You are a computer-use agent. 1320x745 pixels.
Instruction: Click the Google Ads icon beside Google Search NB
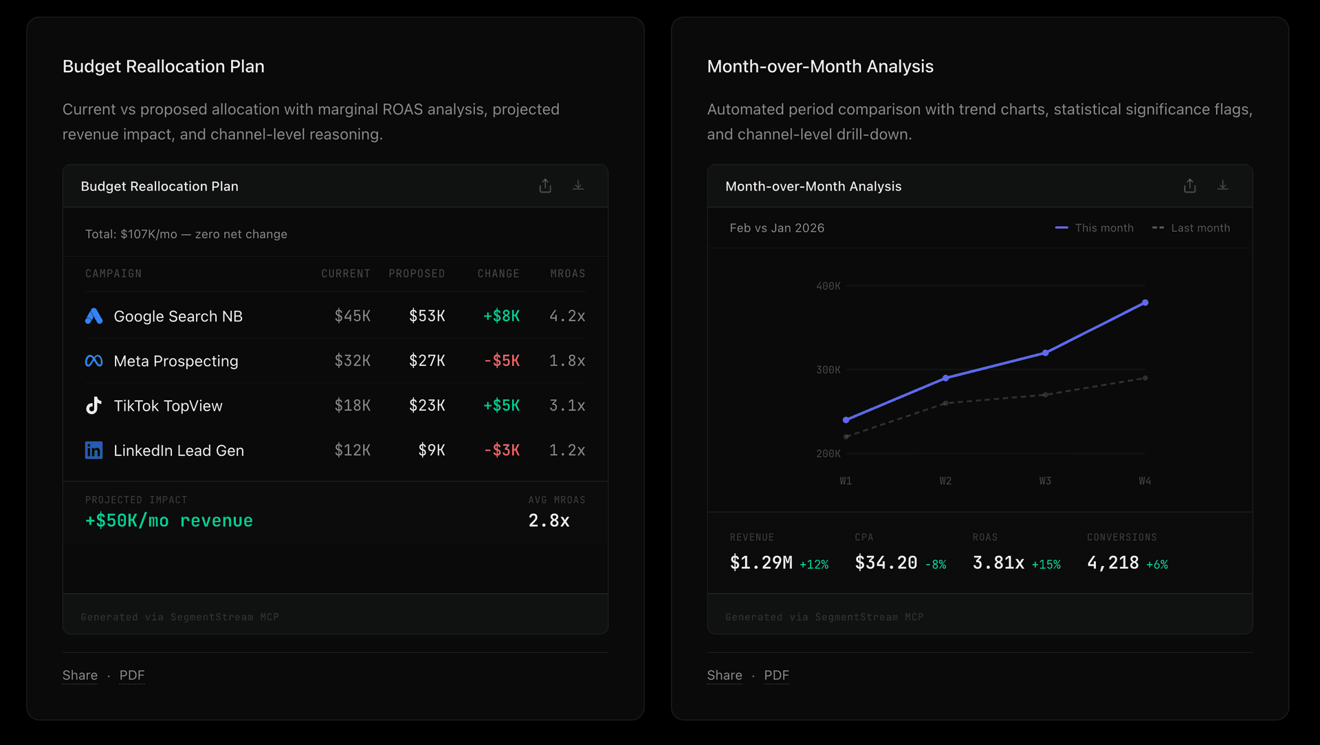click(x=93, y=316)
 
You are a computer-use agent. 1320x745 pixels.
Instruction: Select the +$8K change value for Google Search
click(x=501, y=316)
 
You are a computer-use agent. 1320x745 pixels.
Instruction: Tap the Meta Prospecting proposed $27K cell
click(x=427, y=360)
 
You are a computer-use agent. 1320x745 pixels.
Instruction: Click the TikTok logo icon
click(x=93, y=405)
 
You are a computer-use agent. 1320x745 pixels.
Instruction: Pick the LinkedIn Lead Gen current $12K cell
click(x=352, y=450)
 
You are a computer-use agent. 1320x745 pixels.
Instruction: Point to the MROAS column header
click(x=567, y=274)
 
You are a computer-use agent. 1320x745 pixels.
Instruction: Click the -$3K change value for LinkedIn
click(x=501, y=450)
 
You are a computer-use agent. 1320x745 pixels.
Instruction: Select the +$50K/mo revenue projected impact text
click(x=168, y=521)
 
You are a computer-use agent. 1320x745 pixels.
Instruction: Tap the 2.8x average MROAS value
click(x=549, y=521)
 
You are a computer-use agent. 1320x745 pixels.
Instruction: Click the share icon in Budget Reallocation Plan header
click(x=545, y=186)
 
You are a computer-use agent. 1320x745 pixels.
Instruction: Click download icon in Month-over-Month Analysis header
click(x=1222, y=186)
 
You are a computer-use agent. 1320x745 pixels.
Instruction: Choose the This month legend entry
click(x=1094, y=228)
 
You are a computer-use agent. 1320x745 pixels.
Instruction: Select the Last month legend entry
click(x=1191, y=228)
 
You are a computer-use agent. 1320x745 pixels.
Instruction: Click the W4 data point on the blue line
click(x=1145, y=303)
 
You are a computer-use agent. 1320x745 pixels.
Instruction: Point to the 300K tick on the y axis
click(x=828, y=370)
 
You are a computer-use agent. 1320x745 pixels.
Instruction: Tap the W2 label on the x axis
click(x=945, y=481)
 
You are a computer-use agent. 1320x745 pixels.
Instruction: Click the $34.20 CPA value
click(x=885, y=563)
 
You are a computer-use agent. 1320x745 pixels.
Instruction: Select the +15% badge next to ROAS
click(x=1046, y=565)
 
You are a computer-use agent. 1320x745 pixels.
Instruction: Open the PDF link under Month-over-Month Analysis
click(x=776, y=675)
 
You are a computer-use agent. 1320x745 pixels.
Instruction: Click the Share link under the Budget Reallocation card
click(x=80, y=675)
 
